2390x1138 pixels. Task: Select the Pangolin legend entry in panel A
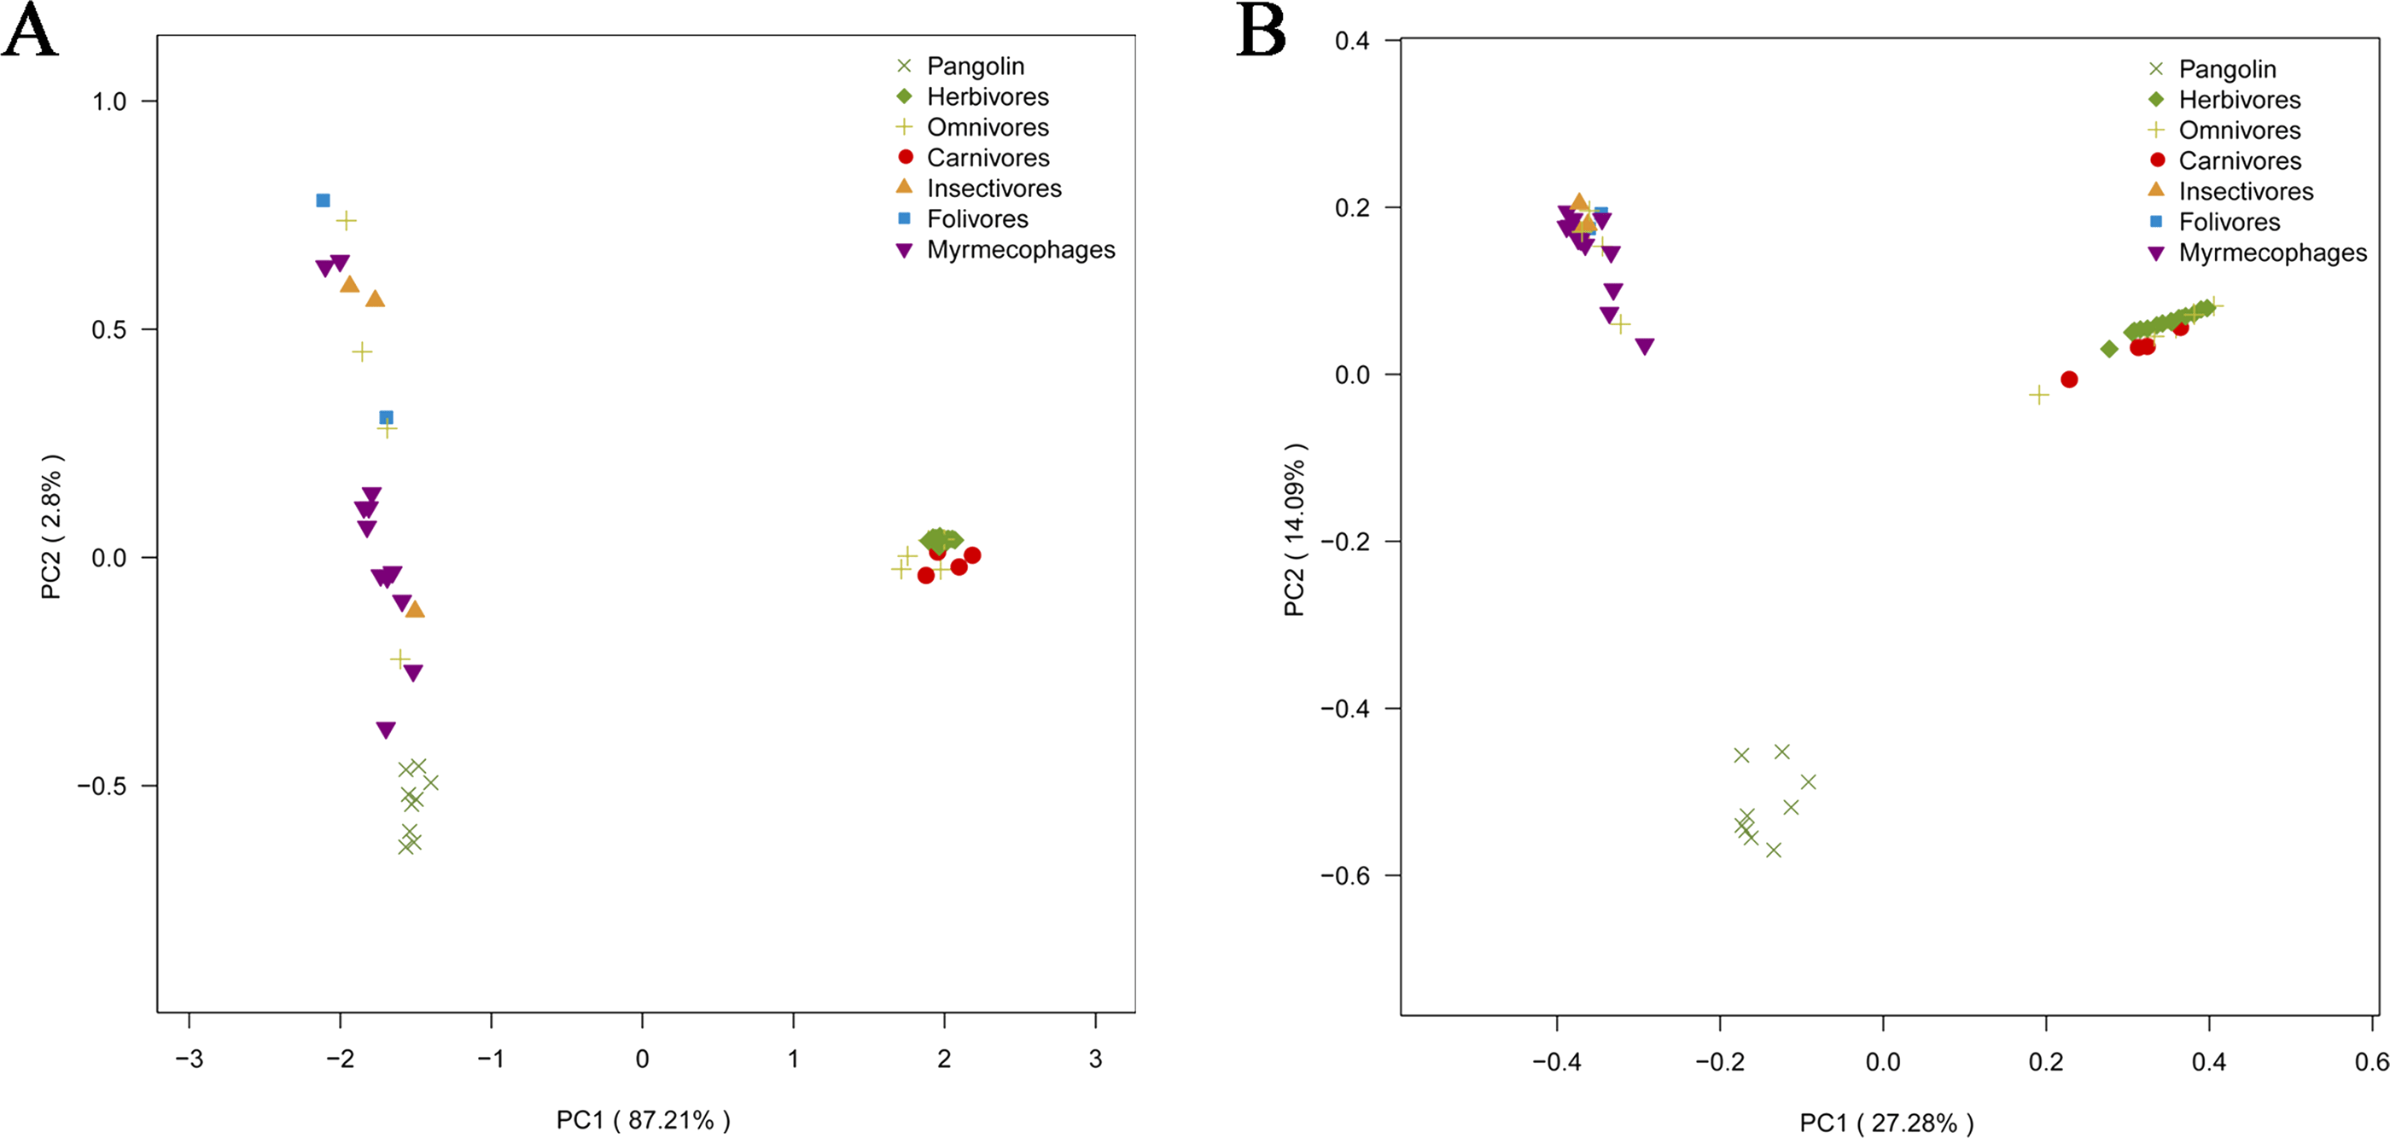(x=975, y=66)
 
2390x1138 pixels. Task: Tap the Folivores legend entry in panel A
(x=977, y=219)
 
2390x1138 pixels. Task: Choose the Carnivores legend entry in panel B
(x=2239, y=160)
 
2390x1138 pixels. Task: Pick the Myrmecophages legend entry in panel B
(x=2271, y=253)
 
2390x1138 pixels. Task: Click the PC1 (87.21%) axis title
(x=643, y=1119)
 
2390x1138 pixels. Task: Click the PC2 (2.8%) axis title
(x=51, y=527)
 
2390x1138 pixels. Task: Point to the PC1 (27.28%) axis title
(x=1886, y=1123)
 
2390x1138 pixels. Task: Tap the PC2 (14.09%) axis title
(x=1294, y=530)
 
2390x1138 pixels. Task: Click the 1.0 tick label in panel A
(x=108, y=102)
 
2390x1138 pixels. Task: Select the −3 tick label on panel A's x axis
(x=189, y=1059)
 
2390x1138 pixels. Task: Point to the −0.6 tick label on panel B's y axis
(x=1344, y=875)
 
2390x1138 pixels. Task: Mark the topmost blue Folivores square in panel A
(x=323, y=200)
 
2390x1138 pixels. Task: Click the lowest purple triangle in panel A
(x=386, y=730)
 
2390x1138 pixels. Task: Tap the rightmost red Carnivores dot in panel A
(x=972, y=555)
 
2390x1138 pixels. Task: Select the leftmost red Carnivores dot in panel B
(x=2069, y=380)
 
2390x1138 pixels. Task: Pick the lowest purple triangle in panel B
(x=1645, y=347)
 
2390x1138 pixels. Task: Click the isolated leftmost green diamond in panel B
(x=2109, y=350)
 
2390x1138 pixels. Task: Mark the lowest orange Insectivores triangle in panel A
(x=415, y=609)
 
